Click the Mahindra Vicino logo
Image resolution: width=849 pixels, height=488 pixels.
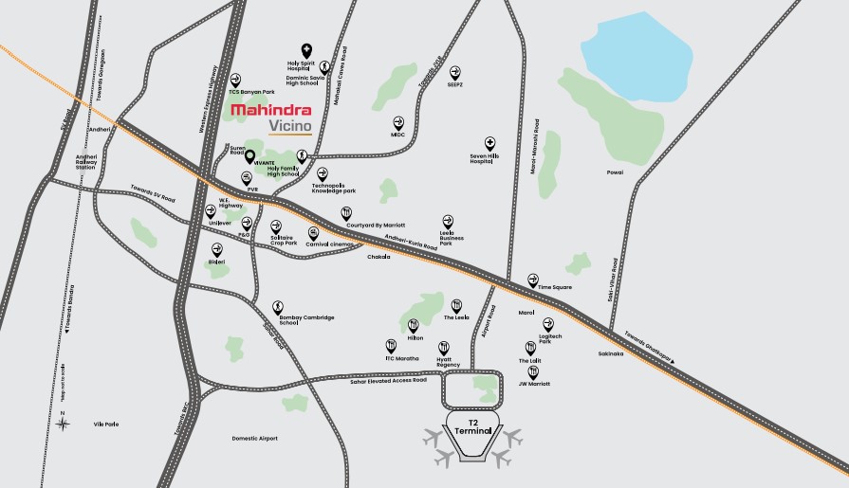point(271,119)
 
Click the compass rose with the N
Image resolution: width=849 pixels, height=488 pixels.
point(63,424)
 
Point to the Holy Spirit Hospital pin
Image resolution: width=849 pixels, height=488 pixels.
point(306,51)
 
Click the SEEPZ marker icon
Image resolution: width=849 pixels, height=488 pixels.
point(454,72)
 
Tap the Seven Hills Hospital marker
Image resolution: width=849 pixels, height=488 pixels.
point(489,143)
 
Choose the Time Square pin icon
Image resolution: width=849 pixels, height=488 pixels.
point(533,280)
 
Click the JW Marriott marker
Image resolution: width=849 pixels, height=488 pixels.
point(532,372)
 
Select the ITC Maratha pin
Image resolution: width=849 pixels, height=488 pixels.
point(391,346)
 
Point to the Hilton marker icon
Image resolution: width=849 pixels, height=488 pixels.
point(414,325)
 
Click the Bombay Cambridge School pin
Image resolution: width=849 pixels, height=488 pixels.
point(278,307)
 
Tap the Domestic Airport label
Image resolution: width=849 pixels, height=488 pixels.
point(255,438)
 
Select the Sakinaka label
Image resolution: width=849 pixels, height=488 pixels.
point(610,353)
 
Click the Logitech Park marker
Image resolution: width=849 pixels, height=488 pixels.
point(547,324)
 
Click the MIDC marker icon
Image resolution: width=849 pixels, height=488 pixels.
point(398,123)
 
